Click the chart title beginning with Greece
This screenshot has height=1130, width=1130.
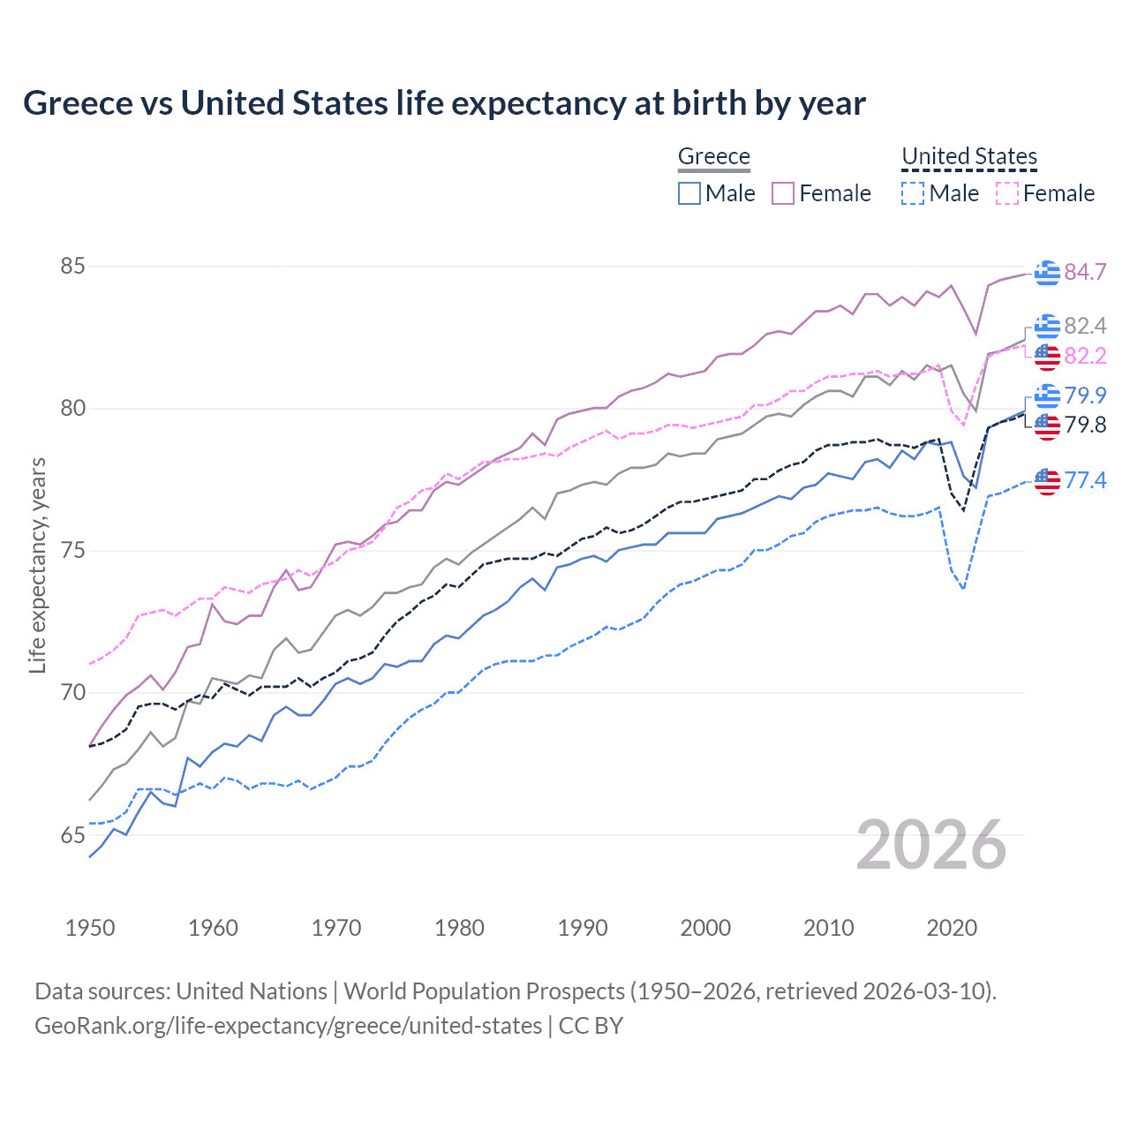point(444,103)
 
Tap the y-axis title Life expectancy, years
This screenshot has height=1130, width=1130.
point(37,565)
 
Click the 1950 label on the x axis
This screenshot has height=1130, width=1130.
point(90,928)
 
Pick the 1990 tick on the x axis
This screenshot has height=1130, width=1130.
point(583,928)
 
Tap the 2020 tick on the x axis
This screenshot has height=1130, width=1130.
point(952,928)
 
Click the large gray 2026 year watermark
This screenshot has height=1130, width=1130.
point(930,845)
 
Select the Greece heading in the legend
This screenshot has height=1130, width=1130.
point(713,156)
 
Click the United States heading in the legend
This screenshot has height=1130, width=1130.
point(968,156)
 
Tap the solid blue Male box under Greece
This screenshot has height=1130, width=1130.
point(689,193)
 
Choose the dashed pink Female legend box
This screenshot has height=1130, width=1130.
point(1006,193)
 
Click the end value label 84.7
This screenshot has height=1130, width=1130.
point(1085,272)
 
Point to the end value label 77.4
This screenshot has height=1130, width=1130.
point(1085,480)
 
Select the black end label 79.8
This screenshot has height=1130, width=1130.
point(1085,426)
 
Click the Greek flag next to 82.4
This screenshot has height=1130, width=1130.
point(1047,326)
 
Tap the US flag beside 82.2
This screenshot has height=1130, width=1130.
point(1047,356)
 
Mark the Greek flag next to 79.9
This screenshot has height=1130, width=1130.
point(1047,395)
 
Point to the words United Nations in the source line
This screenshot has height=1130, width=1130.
point(252,991)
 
